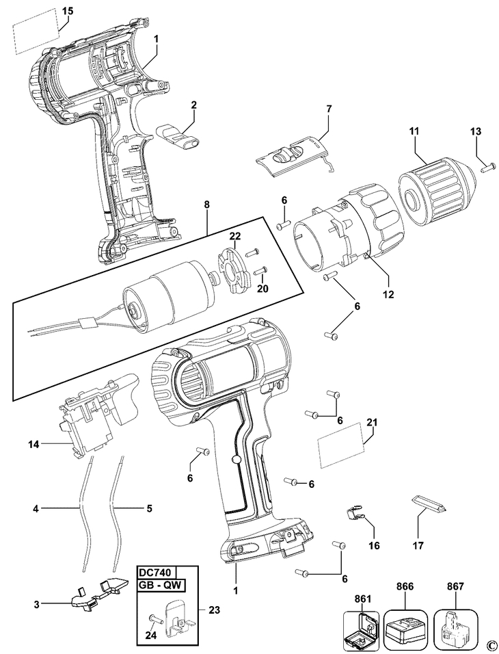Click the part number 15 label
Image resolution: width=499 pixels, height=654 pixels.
[x=68, y=10]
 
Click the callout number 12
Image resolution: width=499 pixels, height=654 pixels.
[x=388, y=294]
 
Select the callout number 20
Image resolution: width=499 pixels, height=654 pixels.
[x=262, y=289]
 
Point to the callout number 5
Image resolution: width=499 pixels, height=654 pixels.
[x=149, y=508]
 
